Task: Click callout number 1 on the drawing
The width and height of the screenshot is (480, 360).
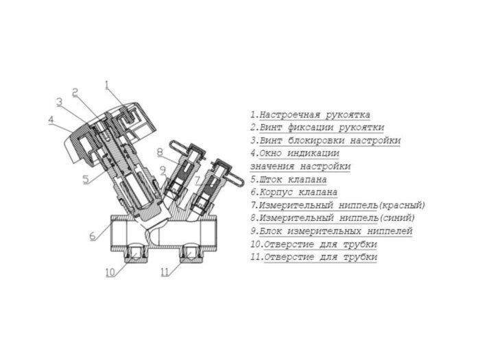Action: pyautogui.click(x=107, y=85)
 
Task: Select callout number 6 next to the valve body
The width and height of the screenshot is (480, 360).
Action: pyautogui.click(x=92, y=237)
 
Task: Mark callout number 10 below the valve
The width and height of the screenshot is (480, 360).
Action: pyautogui.click(x=110, y=272)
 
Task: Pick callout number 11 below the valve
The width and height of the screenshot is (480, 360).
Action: pyautogui.click(x=164, y=272)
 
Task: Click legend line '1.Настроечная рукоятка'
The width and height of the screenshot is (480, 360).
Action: pyautogui.click(x=310, y=115)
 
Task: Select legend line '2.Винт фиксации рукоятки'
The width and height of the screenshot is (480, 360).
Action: pyautogui.click(x=317, y=128)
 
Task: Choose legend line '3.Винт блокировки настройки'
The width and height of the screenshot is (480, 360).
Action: pyautogui.click(x=325, y=141)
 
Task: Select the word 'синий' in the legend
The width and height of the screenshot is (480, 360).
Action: pyautogui.click(x=397, y=218)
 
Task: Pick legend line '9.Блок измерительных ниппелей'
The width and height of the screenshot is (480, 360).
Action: pyautogui.click(x=331, y=231)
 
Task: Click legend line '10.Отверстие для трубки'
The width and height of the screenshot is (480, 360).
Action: pyautogui.click(x=313, y=244)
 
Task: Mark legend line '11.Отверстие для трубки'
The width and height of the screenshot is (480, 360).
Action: pyautogui.click(x=313, y=257)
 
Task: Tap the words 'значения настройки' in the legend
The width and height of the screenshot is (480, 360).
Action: pyautogui.click(x=300, y=167)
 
